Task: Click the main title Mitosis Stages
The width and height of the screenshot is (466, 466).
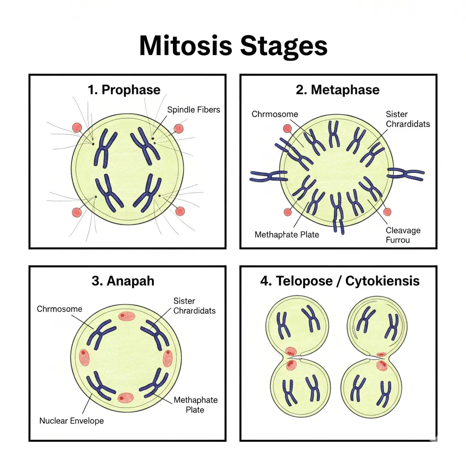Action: [233, 46]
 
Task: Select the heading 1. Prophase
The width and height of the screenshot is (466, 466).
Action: [124, 90]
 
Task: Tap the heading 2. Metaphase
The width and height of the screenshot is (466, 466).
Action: [337, 90]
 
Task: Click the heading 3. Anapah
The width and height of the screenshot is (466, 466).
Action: [123, 281]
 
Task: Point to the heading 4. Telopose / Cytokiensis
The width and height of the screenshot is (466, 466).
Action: [339, 281]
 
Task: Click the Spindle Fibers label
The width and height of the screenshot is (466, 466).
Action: [193, 110]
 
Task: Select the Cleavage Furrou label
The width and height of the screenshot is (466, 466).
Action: [403, 235]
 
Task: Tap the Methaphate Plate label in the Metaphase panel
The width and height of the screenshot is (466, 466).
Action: [287, 235]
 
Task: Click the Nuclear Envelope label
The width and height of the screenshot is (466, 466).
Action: [71, 421]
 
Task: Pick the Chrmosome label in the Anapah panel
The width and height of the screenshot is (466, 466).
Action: [60, 309]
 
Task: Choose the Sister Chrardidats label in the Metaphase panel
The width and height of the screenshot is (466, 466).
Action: [407, 119]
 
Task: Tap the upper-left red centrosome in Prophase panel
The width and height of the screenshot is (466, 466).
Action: [77, 127]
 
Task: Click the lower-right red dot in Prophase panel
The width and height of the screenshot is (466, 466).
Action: [180, 211]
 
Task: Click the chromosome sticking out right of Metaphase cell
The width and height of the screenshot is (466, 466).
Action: [405, 173]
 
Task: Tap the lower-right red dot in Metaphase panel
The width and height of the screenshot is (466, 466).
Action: [387, 212]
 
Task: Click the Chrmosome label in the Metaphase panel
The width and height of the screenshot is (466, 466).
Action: [274, 114]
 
